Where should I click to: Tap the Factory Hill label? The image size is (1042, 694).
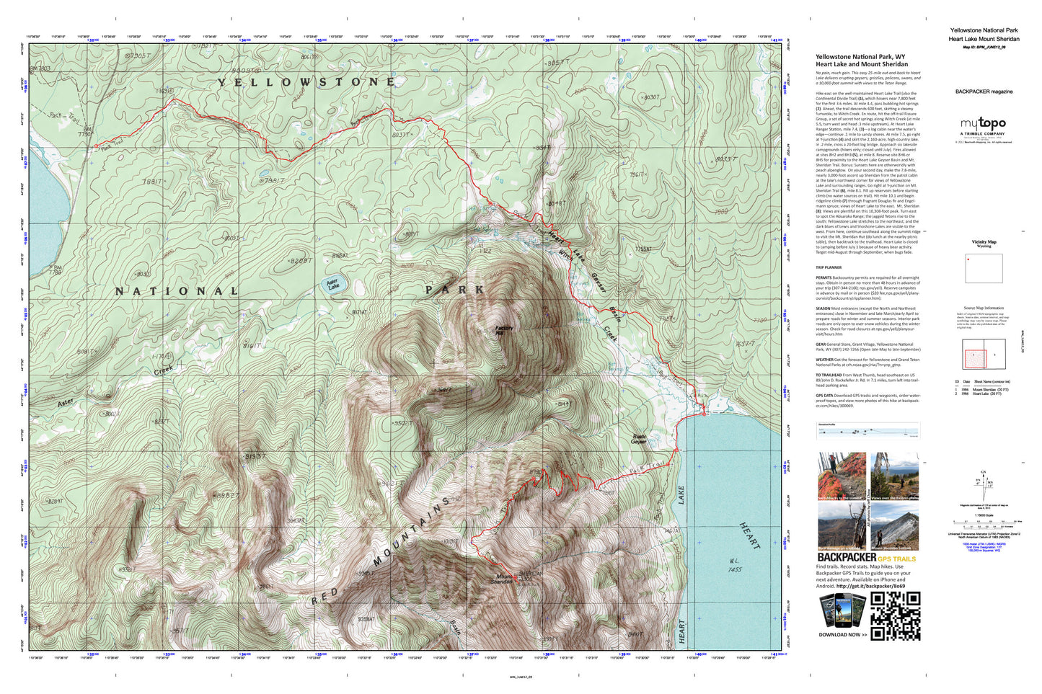(504, 330)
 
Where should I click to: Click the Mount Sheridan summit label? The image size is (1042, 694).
(503, 579)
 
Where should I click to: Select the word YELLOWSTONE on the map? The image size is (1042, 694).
(307, 82)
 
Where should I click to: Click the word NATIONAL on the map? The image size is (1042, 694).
(177, 291)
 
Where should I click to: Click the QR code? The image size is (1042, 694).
(895, 615)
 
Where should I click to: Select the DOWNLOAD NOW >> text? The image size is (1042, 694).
(842, 635)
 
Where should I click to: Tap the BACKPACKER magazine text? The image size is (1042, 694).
(984, 92)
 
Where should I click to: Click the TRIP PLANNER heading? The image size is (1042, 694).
(829, 267)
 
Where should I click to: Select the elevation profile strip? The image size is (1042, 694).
(867, 431)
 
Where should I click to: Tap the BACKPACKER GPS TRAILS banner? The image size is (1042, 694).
(866, 558)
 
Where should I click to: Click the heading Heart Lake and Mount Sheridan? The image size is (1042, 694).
(862, 64)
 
